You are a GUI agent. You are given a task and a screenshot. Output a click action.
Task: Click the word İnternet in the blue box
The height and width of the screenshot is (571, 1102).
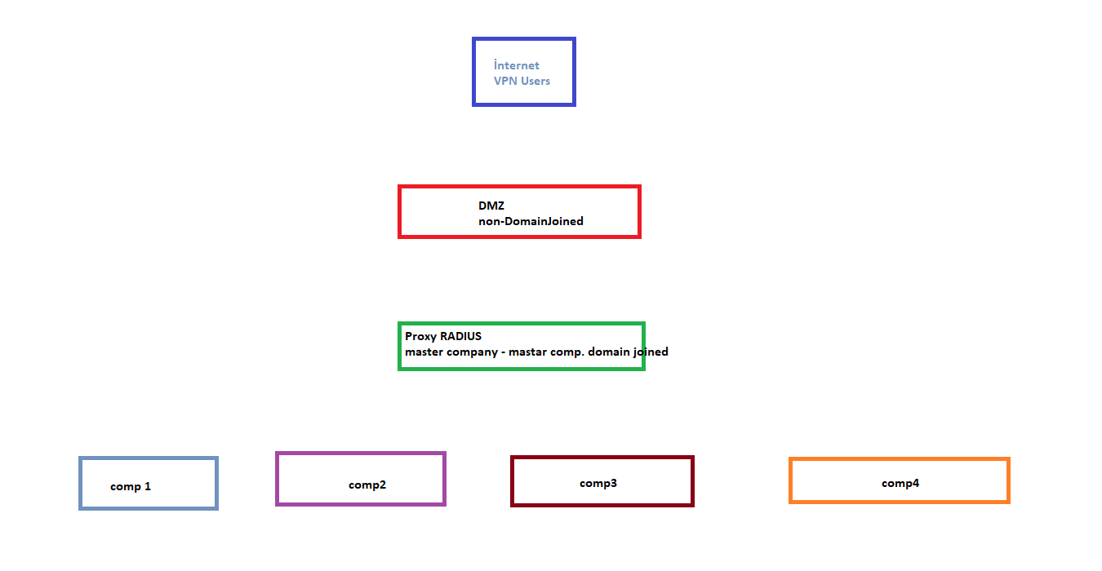coord(516,65)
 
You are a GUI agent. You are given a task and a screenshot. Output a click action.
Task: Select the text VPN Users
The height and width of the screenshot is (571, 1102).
coord(522,81)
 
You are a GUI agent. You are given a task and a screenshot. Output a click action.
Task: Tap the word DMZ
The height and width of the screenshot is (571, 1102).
coord(491,206)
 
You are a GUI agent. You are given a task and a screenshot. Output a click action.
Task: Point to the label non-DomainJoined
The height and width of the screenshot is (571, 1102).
coord(531,221)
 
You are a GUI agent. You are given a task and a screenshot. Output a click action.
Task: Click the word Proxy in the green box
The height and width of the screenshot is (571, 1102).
coord(420,337)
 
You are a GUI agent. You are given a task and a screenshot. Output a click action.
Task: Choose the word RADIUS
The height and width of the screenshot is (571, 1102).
coord(460,336)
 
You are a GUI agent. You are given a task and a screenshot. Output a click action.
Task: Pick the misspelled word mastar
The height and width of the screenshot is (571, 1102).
coord(527,352)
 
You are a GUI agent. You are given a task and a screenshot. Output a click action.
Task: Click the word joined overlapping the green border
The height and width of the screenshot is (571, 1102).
coord(651,352)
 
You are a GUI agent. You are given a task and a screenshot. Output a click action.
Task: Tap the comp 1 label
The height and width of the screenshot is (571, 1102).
coord(131,487)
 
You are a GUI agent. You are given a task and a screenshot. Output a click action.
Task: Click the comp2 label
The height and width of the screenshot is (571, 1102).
coord(367,485)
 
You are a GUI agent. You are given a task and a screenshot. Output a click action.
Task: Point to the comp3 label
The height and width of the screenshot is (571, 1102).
coord(598,484)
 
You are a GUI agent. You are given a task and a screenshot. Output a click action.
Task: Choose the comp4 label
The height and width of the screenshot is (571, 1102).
coord(900,484)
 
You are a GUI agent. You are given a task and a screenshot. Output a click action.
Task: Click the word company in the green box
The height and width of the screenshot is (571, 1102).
coord(476,352)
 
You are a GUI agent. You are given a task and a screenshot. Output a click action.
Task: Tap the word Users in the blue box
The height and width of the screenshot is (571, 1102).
coord(535,81)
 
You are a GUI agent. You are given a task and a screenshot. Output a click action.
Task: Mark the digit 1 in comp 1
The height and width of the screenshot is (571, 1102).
coord(148,486)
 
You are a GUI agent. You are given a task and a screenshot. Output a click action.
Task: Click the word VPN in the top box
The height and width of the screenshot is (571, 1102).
coord(505,81)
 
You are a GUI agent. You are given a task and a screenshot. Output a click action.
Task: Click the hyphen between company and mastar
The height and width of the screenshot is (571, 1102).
coord(503,352)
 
